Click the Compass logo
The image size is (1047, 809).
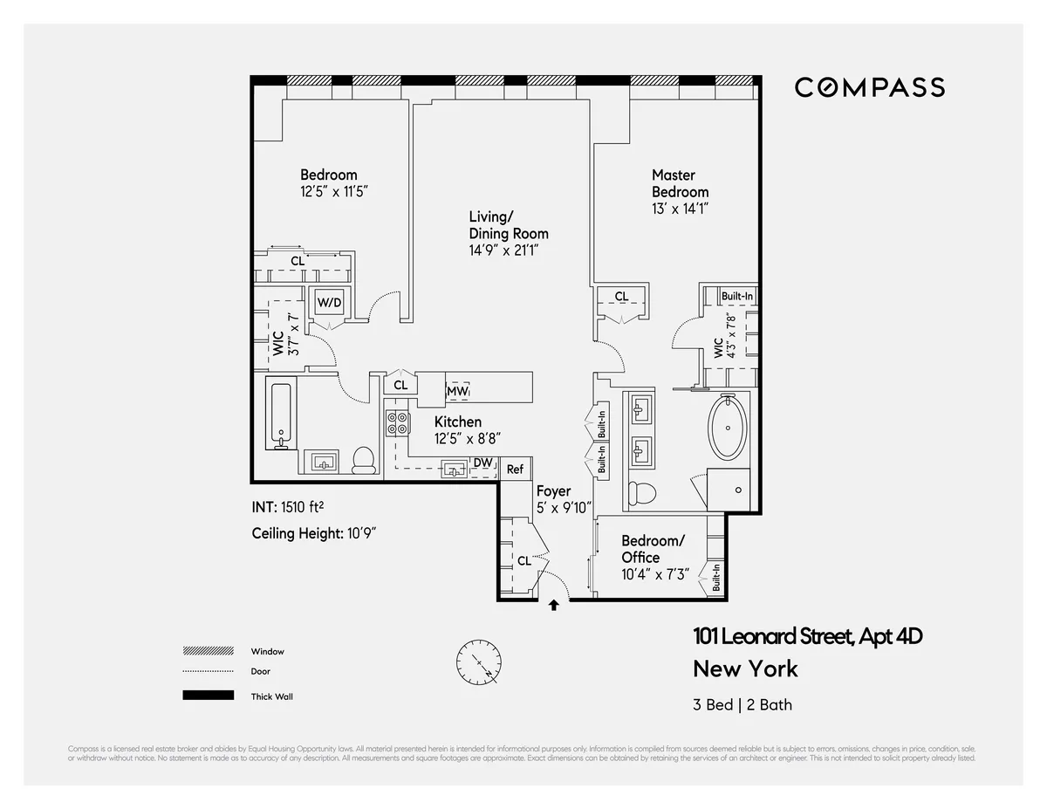869,87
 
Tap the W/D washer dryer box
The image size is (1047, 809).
329,303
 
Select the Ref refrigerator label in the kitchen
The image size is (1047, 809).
515,470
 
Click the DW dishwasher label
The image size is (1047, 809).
482,463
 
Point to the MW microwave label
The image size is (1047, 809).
457,392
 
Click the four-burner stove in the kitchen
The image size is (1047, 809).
398,422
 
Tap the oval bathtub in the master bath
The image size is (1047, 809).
727,428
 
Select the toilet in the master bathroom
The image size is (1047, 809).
643,492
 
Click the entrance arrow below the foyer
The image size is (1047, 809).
553,604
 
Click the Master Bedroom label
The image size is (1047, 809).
680,183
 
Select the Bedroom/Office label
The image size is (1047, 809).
653,549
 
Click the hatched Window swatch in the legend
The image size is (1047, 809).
208,651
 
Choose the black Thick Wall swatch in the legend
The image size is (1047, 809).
208,696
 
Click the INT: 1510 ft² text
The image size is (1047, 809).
294,507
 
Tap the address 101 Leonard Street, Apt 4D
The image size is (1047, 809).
807,636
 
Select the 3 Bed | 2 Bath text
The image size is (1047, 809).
742,704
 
